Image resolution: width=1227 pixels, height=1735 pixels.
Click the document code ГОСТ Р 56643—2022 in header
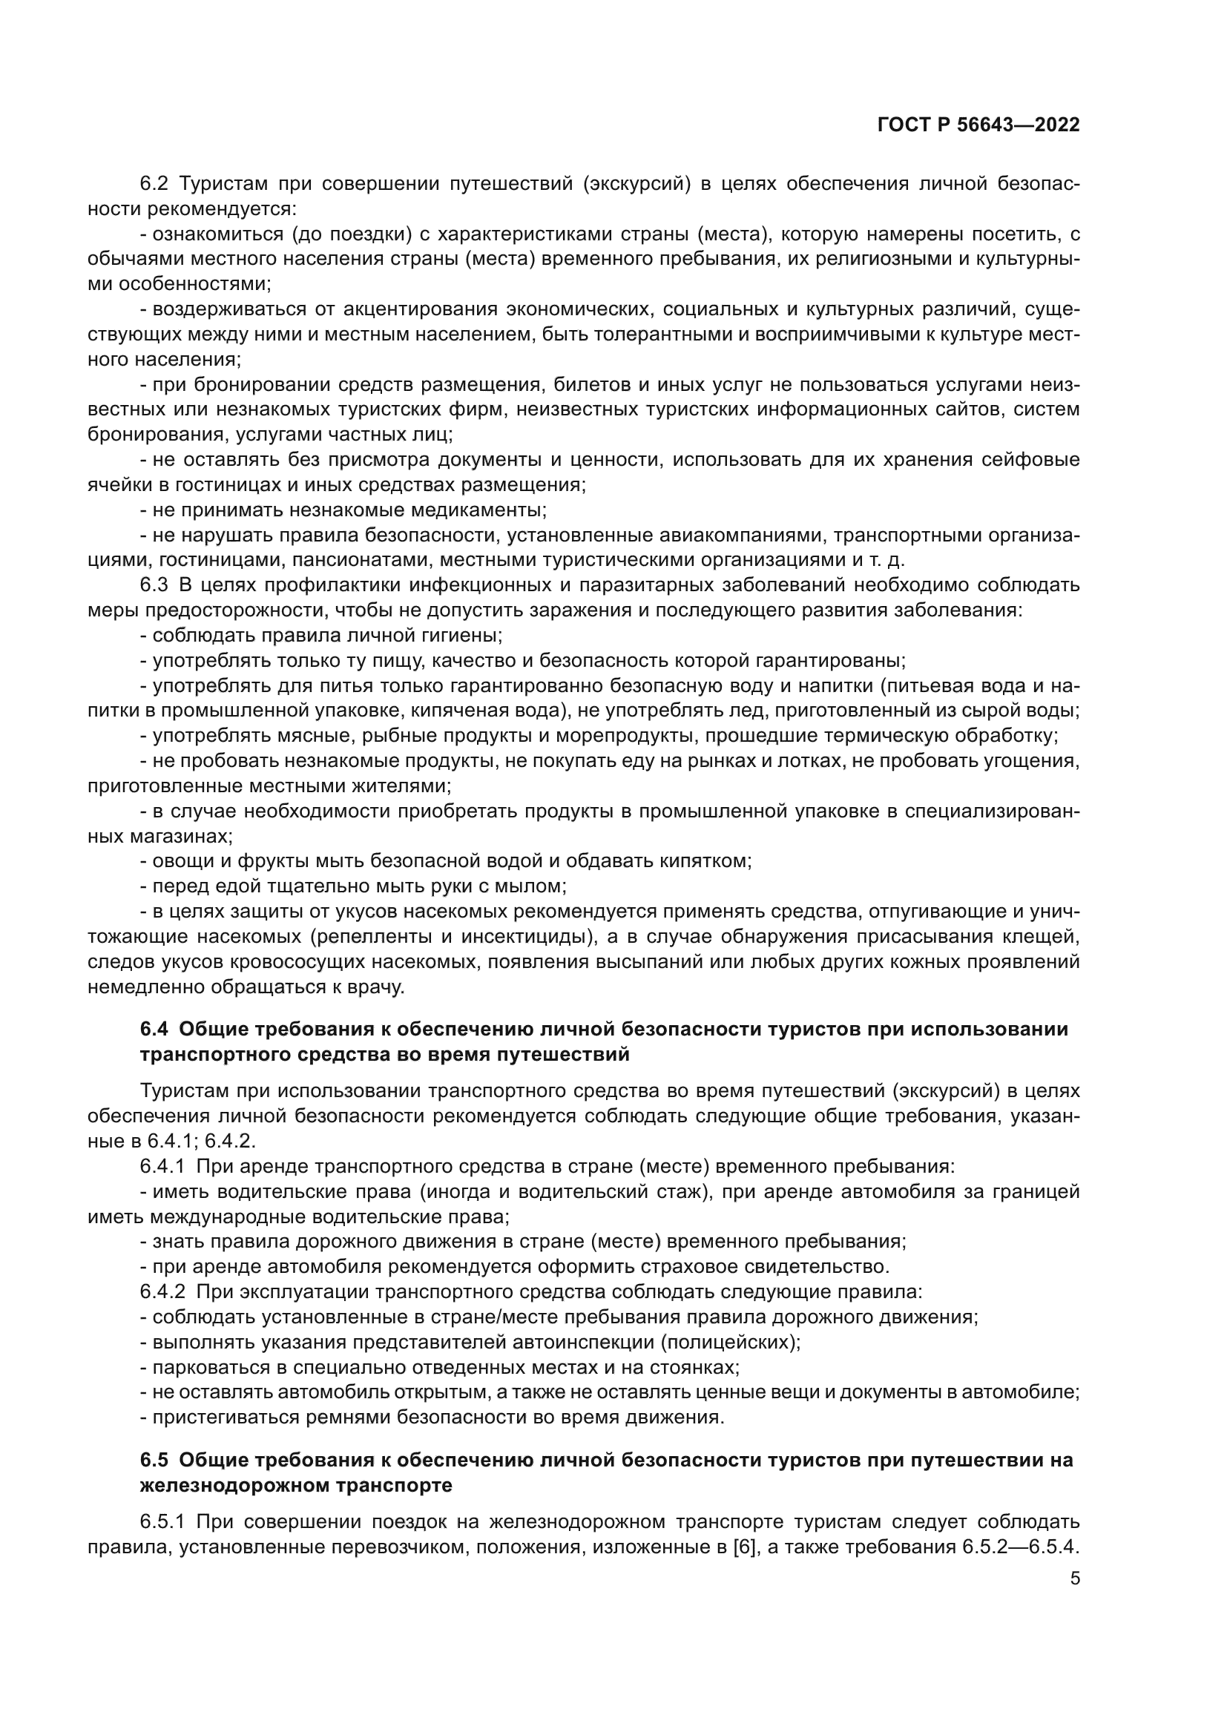pyautogui.click(x=978, y=125)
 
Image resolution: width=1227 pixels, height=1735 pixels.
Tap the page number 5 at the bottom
pyautogui.click(x=1074, y=1578)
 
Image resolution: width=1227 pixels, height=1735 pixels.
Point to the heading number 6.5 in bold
pyautogui.click(x=157, y=1460)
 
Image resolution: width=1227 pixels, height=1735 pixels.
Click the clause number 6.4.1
pyautogui.click(x=162, y=1166)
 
